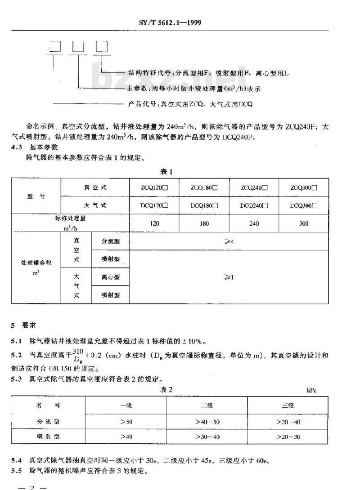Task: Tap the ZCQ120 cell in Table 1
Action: tap(154, 187)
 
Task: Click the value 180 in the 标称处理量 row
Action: tap(204, 223)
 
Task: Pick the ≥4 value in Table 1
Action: tap(229, 241)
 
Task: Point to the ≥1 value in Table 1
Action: tap(229, 277)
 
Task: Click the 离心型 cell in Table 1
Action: tap(110, 277)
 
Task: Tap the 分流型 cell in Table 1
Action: tap(110, 241)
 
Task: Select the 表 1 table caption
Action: tap(166, 171)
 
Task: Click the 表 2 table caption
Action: tap(167, 389)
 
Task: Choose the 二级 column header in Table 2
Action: tap(207, 405)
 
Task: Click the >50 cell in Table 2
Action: tap(126, 422)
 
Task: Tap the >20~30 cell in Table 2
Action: tap(288, 437)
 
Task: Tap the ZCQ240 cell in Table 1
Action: tap(254, 187)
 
